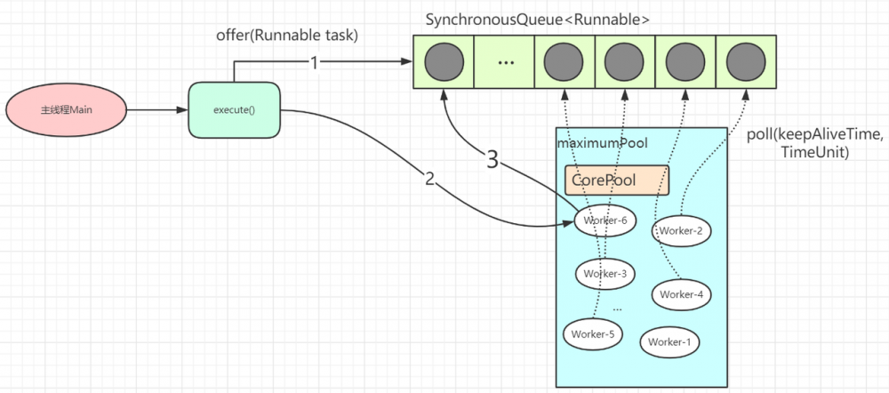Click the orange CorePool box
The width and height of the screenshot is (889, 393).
(x=616, y=180)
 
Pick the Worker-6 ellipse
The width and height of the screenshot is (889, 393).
(x=605, y=220)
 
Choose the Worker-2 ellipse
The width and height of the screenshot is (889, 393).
(x=681, y=231)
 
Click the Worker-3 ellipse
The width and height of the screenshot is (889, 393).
(x=605, y=273)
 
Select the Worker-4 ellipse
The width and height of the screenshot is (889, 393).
(x=682, y=293)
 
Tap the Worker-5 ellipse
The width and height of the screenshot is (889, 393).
(x=593, y=333)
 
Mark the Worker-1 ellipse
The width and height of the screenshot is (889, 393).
(x=669, y=341)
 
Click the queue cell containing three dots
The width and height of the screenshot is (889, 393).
(x=504, y=62)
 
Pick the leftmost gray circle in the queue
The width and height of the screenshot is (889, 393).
(x=443, y=62)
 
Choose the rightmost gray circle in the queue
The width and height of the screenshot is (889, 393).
(x=745, y=62)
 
